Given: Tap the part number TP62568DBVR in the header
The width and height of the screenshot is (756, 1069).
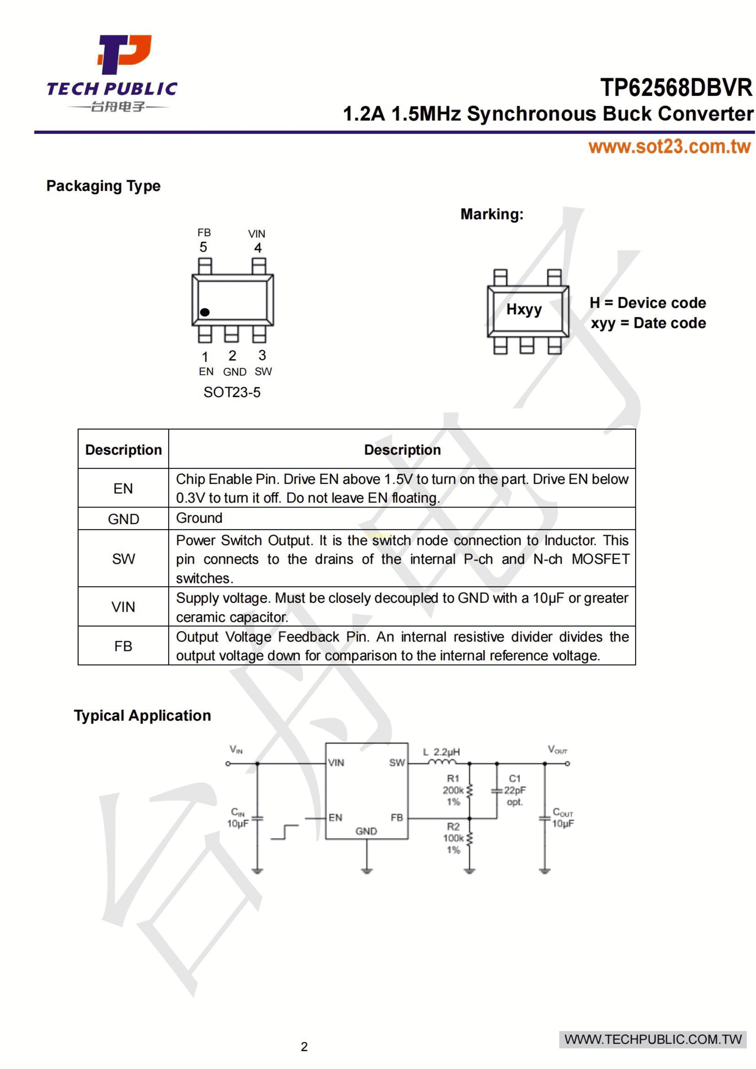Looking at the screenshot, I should tap(676, 87).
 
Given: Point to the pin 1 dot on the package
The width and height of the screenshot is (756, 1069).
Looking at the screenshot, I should tap(205, 312).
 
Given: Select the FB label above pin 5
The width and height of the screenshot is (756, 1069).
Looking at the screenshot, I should tap(204, 232).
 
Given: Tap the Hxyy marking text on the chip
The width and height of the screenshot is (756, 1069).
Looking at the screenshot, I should tap(524, 309).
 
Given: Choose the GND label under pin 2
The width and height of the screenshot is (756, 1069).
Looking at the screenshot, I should tap(234, 372).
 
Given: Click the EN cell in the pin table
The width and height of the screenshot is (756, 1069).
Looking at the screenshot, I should tap(123, 488).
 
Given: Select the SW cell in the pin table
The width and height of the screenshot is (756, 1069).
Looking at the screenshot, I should tap(123, 559).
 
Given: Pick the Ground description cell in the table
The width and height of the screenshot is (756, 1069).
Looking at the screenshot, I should tap(199, 518).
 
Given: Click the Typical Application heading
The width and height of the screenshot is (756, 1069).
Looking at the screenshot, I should tap(142, 716).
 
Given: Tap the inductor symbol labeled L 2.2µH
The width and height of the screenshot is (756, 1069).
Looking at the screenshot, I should tap(442, 762).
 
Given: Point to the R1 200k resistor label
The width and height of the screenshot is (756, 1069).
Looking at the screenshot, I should tap(453, 790).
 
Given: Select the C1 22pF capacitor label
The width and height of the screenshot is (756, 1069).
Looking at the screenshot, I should tap(515, 790).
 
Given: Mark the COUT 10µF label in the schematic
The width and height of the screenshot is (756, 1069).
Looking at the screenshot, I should tap(563, 818).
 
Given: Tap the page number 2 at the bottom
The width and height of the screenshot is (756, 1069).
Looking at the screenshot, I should tap(304, 1047).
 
